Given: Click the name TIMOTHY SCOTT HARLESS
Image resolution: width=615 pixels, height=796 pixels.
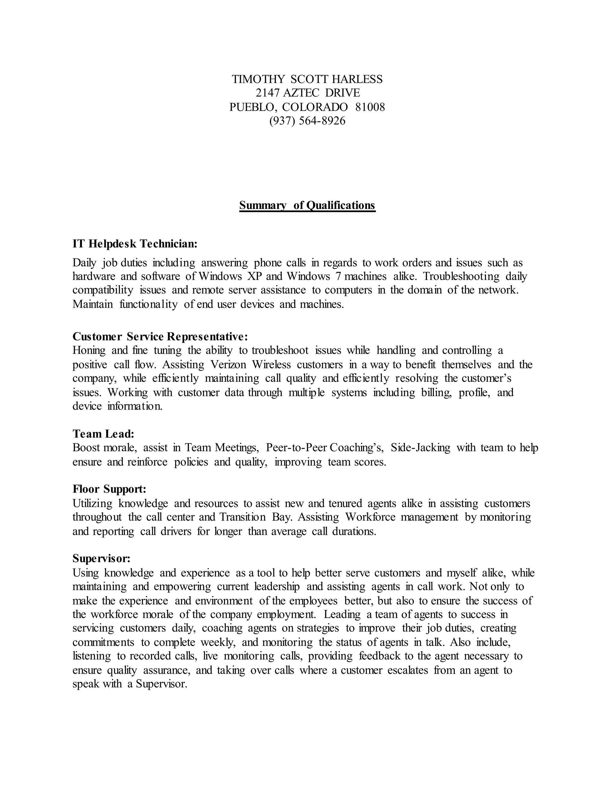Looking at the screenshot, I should click(x=307, y=79).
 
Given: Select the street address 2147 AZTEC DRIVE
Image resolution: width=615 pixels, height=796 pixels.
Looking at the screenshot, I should click(x=307, y=93).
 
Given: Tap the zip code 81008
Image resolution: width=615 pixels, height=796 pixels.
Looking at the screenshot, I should click(x=370, y=107).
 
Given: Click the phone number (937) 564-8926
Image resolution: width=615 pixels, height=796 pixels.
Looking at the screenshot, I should click(x=307, y=121).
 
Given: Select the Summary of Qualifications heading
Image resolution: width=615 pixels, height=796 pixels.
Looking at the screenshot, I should click(x=307, y=205).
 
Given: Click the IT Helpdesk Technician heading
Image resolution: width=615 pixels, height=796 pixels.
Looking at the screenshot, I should click(x=135, y=244).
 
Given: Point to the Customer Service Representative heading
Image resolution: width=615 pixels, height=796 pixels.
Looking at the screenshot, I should click(x=160, y=336).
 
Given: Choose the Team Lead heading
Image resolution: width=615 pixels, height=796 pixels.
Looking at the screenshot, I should click(x=104, y=434).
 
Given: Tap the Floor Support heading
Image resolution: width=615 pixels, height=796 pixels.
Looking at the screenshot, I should click(x=109, y=489).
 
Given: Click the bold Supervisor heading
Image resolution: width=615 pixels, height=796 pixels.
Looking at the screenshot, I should click(x=101, y=558).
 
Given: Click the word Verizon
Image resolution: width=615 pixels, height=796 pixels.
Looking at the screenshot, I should click(x=229, y=364).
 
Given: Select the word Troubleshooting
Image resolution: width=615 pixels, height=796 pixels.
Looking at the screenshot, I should click(x=461, y=276).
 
